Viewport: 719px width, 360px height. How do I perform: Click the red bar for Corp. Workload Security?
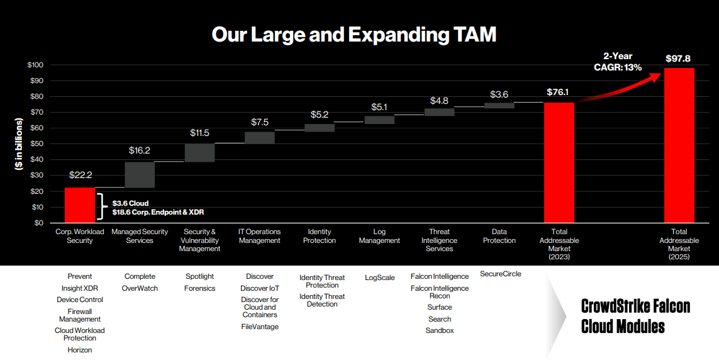tap(80, 205)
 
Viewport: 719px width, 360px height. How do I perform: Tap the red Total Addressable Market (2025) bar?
tap(679, 145)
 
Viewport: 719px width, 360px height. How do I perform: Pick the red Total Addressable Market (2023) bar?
tap(559, 162)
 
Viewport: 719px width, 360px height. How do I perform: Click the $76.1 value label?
tap(559, 93)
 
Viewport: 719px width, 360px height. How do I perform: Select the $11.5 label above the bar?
tap(199, 133)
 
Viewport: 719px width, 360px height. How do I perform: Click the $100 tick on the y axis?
tap(35, 65)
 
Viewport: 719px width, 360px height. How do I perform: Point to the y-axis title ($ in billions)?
tap(20, 144)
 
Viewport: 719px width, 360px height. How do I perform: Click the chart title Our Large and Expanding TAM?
tap(354, 34)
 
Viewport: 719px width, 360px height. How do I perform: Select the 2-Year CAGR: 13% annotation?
tap(618, 62)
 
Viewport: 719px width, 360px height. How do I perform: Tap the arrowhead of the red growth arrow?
tap(657, 75)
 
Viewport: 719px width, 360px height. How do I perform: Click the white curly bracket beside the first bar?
tap(101, 207)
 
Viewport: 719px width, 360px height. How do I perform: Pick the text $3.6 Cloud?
tap(130, 203)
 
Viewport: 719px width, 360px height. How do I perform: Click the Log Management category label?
tap(379, 236)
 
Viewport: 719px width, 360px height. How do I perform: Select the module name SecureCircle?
tap(500, 274)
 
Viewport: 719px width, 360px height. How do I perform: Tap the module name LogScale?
tap(379, 278)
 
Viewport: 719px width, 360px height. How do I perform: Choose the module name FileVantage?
tap(260, 327)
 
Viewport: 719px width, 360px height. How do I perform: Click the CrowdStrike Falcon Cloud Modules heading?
tap(635, 317)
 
